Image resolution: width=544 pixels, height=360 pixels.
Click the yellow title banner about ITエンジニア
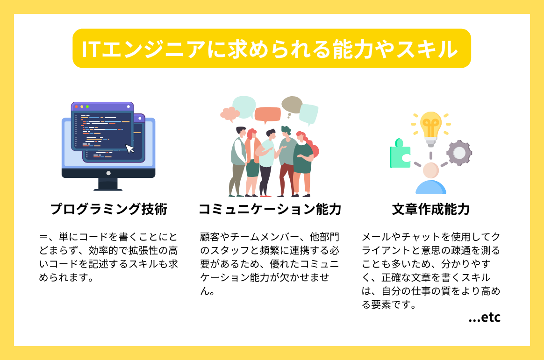272,49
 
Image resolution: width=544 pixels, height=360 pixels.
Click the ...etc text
484,318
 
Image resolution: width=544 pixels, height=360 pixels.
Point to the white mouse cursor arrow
130,148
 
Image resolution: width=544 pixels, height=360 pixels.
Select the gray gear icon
459,153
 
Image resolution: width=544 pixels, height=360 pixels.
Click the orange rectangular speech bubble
268,114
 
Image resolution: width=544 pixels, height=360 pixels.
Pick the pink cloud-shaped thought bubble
230,113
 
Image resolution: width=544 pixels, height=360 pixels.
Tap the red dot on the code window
76,106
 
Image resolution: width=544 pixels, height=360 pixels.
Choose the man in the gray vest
238,159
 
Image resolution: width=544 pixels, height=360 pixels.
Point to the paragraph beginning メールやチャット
430,271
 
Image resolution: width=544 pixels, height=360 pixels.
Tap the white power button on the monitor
108,173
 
